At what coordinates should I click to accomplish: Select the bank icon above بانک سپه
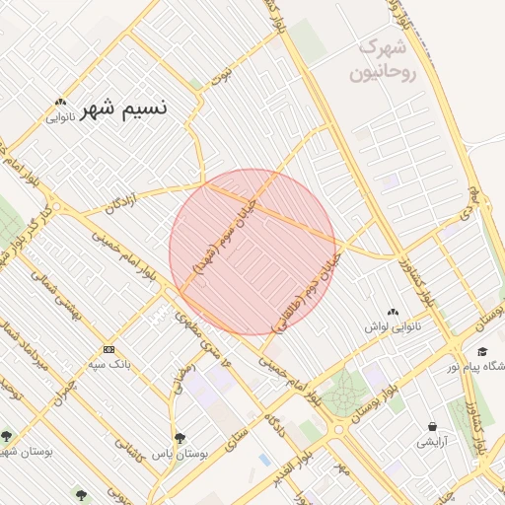click(108, 349)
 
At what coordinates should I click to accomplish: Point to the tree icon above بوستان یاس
click(179, 437)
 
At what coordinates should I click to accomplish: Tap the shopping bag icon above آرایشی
click(432, 427)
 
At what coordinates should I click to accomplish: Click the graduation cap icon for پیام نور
click(482, 351)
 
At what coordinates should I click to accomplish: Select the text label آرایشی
click(432, 442)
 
